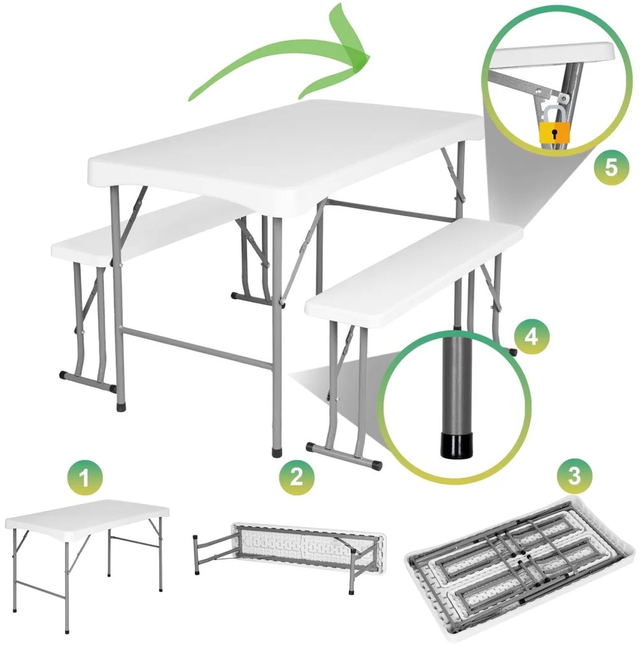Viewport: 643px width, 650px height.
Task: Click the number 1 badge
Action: click(84, 478)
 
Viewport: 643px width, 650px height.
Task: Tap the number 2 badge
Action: click(297, 477)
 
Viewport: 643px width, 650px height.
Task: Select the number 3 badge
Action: click(575, 476)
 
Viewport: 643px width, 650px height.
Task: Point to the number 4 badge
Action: click(531, 336)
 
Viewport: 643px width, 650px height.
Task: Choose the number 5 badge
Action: click(611, 168)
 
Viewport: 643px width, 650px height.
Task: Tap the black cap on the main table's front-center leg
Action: click(276, 452)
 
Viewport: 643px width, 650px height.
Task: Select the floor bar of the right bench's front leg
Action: click(344, 455)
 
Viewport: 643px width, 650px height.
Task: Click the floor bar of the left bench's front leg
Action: click(88, 381)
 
